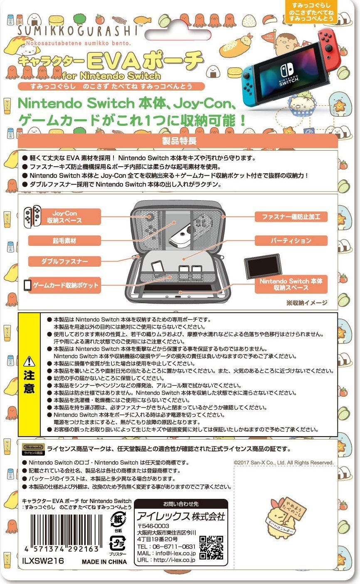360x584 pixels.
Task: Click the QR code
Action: [x=211, y=547]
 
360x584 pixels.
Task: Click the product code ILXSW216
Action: [x=43, y=561]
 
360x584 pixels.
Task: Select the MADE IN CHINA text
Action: [x=104, y=562]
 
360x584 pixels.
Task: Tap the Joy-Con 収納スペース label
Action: [x=64, y=217]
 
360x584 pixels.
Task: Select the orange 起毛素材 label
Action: [x=64, y=240]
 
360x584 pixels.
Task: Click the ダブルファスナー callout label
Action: [x=64, y=261]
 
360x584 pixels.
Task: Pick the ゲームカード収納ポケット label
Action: [x=64, y=285]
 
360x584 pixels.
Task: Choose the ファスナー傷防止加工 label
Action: [x=291, y=217]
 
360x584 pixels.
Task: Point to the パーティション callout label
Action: [x=291, y=240]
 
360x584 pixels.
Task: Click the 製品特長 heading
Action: [x=179, y=141]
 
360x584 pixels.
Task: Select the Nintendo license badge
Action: [x=33, y=449]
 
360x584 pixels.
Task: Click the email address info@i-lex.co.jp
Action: [x=175, y=553]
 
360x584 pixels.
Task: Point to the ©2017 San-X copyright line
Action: [x=284, y=463]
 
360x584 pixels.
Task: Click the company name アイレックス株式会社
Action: [x=181, y=516]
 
